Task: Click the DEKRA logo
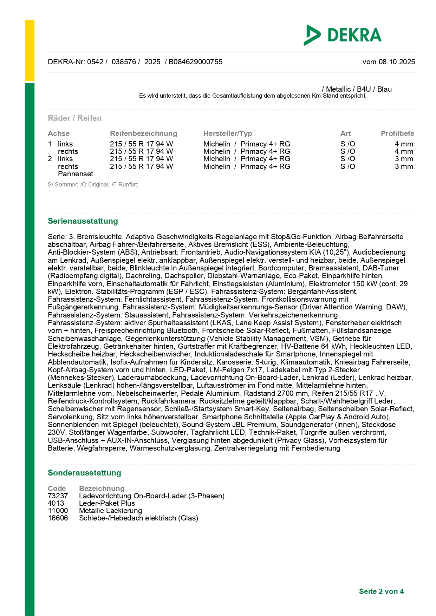pos(343,35)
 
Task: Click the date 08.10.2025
pos(397,62)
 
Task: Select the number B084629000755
pos(195,62)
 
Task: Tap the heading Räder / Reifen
pos(74,118)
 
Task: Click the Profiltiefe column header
pos(397,133)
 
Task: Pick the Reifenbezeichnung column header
pos(143,133)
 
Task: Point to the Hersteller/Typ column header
pos(228,133)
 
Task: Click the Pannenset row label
pos(76,174)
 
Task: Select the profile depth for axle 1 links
pos(404,144)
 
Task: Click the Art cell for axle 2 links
pos(347,159)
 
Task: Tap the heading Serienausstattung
pos(83,221)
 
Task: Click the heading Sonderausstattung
pos(84,473)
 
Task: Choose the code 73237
pos(58,496)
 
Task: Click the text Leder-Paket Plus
pos(107,503)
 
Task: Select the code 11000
pos(58,511)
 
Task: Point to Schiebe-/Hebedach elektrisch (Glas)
pos(138,518)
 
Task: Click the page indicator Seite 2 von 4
pos(381,591)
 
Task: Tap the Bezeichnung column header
pos(102,489)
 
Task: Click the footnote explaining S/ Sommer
pos(93,185)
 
